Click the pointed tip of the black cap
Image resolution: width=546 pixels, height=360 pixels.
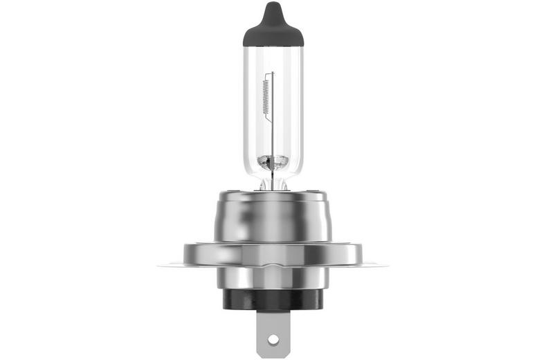[271, 6]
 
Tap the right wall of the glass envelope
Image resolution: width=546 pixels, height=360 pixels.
[301, 104]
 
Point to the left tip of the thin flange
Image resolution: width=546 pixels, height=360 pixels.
[161, 265]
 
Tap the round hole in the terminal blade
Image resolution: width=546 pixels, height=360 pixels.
[272, 339]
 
